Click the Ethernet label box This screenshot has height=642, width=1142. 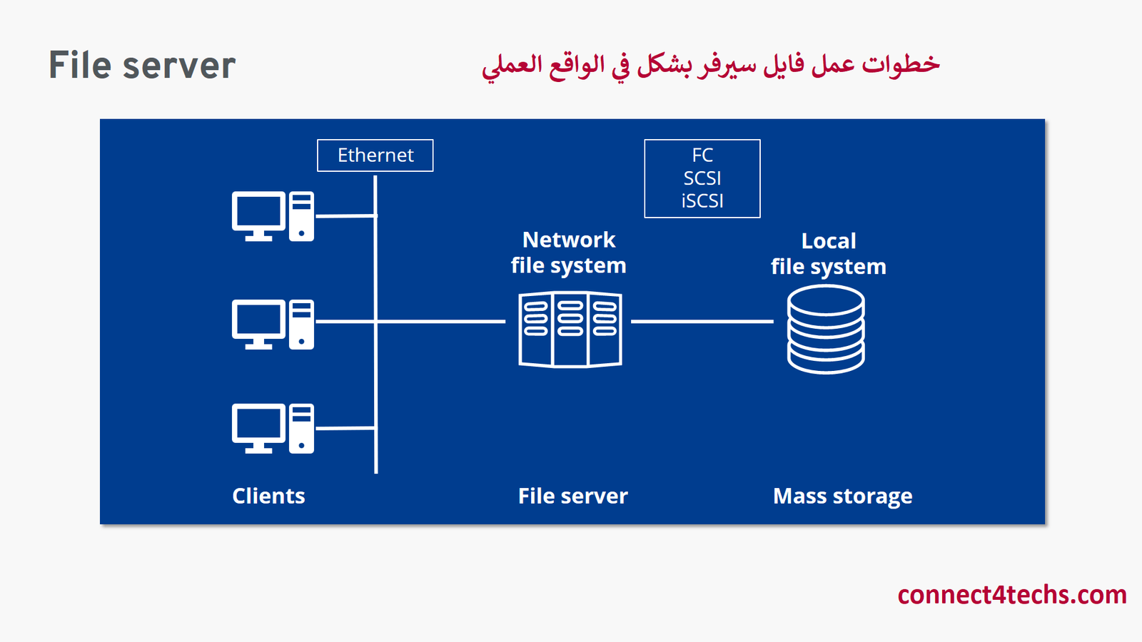(375, 156)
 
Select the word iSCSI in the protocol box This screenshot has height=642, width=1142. (702, 201)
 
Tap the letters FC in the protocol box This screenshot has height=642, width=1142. (702, 155)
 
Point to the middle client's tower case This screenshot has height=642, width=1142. (301, 324)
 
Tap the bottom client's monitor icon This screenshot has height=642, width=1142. (258, 427)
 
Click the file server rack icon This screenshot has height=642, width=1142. (570, 329)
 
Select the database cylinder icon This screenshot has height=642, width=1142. (826, 329)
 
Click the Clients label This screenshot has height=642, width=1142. (268, 496)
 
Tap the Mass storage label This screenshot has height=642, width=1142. (842, 496)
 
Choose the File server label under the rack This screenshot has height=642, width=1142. (572, 496)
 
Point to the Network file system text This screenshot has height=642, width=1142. (569, 253)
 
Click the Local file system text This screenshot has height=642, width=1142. (828, 254)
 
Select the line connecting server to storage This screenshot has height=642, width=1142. (702, 322)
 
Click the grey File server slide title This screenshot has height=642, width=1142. (142, 66)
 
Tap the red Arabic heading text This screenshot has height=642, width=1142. (711, 65)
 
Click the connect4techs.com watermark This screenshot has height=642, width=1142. (1011, 594)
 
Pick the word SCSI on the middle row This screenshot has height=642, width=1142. (702, 178)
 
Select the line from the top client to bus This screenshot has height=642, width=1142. (345, 215)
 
